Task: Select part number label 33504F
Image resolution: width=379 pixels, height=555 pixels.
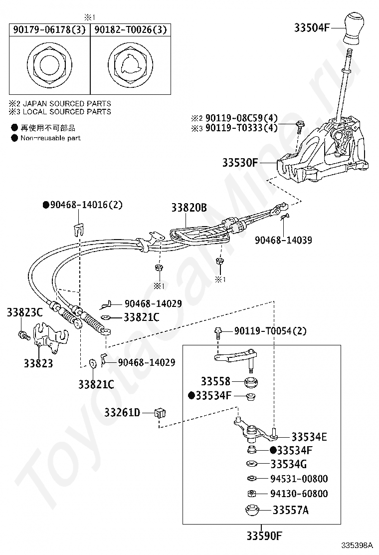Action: pos(312,27)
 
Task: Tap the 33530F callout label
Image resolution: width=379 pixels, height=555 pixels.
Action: pos(240,163)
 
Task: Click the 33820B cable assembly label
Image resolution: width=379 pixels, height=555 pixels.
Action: pos(189,208)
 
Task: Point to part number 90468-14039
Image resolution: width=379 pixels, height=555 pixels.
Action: pos(284,240)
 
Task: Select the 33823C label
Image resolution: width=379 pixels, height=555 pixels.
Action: pos(25,312)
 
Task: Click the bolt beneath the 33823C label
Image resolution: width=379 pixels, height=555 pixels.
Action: pos(24,334)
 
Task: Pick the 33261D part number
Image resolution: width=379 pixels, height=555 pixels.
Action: pos(122,412)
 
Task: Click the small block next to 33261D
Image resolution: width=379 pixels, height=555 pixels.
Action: pos(160,413)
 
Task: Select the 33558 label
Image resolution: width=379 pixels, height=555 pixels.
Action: pos(215,381)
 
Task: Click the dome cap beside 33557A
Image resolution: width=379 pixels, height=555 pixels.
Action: pos(252,510)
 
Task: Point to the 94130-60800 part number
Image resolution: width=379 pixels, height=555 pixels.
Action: pos(299,494)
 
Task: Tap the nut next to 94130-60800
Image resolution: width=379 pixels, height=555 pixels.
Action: pos(252,494)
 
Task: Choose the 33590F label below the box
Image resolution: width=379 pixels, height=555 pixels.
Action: pos(264,536)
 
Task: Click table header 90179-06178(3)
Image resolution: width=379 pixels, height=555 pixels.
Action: pos(49,29)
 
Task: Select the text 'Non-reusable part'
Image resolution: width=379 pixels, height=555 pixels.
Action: pos(50,138)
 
